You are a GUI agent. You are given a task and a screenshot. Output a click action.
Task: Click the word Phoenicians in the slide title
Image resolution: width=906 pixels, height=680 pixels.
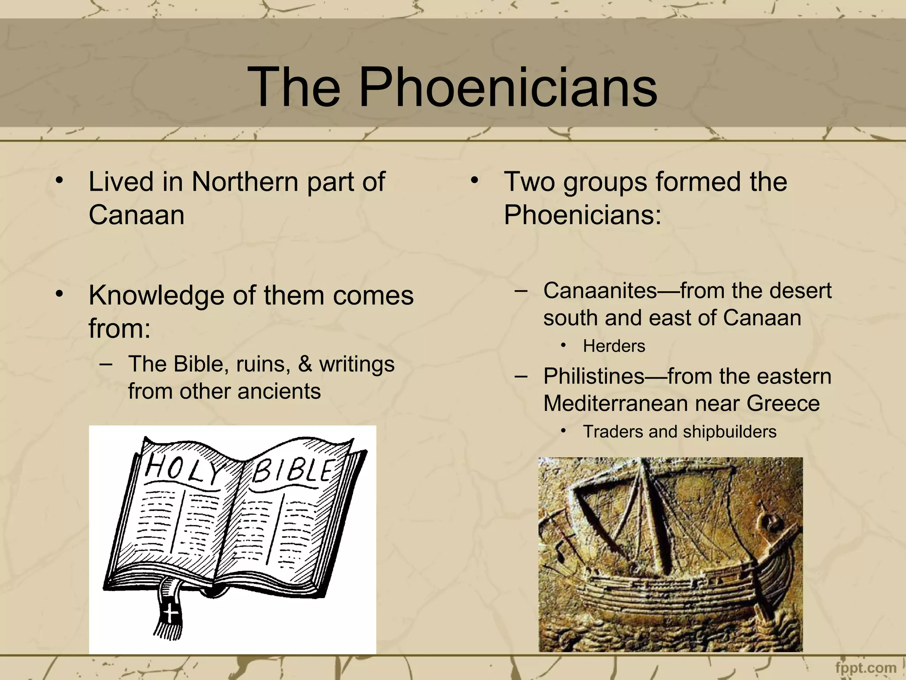[508, 87]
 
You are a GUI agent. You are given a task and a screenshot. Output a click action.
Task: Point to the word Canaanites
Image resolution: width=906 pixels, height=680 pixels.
[600, 291]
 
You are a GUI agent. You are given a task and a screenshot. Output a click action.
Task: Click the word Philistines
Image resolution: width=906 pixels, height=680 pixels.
[594, 376]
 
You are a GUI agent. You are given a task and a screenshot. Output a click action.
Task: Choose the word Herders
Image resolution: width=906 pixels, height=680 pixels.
[614, 346]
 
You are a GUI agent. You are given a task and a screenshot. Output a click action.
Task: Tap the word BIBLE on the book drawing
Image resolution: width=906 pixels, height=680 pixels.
[293, 470]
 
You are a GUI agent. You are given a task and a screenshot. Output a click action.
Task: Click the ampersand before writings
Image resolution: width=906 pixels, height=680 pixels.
[305, 364]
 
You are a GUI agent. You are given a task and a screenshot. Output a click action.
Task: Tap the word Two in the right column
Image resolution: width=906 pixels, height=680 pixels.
[529, 182]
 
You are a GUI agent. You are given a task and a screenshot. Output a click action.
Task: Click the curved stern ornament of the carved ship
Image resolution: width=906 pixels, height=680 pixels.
[771, 525]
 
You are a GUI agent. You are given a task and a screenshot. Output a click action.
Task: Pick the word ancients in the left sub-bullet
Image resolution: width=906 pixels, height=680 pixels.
[279, 391]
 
